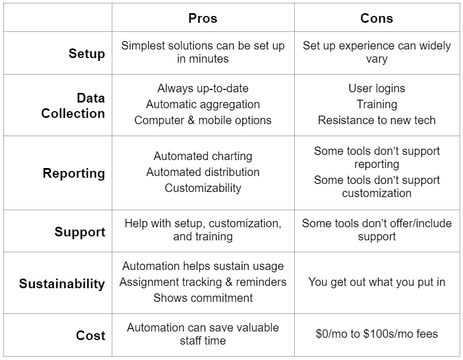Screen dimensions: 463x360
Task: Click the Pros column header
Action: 203,18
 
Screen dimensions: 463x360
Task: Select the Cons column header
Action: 377,18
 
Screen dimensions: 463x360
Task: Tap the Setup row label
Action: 87,54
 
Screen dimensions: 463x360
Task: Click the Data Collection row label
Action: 73,105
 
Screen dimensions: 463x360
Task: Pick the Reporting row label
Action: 74,173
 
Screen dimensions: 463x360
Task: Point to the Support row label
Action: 80,232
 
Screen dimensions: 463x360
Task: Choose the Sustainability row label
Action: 62,284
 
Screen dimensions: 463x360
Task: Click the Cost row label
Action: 91,336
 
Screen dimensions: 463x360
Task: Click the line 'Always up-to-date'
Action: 203,88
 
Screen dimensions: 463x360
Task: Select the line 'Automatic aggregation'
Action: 203,104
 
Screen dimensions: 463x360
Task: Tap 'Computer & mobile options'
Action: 203,120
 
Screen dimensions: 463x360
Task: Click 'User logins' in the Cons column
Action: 377,88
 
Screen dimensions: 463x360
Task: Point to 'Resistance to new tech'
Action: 377,120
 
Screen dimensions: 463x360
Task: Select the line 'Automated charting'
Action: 203,157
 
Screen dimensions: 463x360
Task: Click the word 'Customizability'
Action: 203,189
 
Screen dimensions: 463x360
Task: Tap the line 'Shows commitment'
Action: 203,298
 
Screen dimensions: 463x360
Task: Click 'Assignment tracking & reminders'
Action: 203,282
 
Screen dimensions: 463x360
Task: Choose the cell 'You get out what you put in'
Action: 377,282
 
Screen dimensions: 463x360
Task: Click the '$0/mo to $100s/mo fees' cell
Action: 377,334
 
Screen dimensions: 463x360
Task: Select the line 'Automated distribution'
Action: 203,173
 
